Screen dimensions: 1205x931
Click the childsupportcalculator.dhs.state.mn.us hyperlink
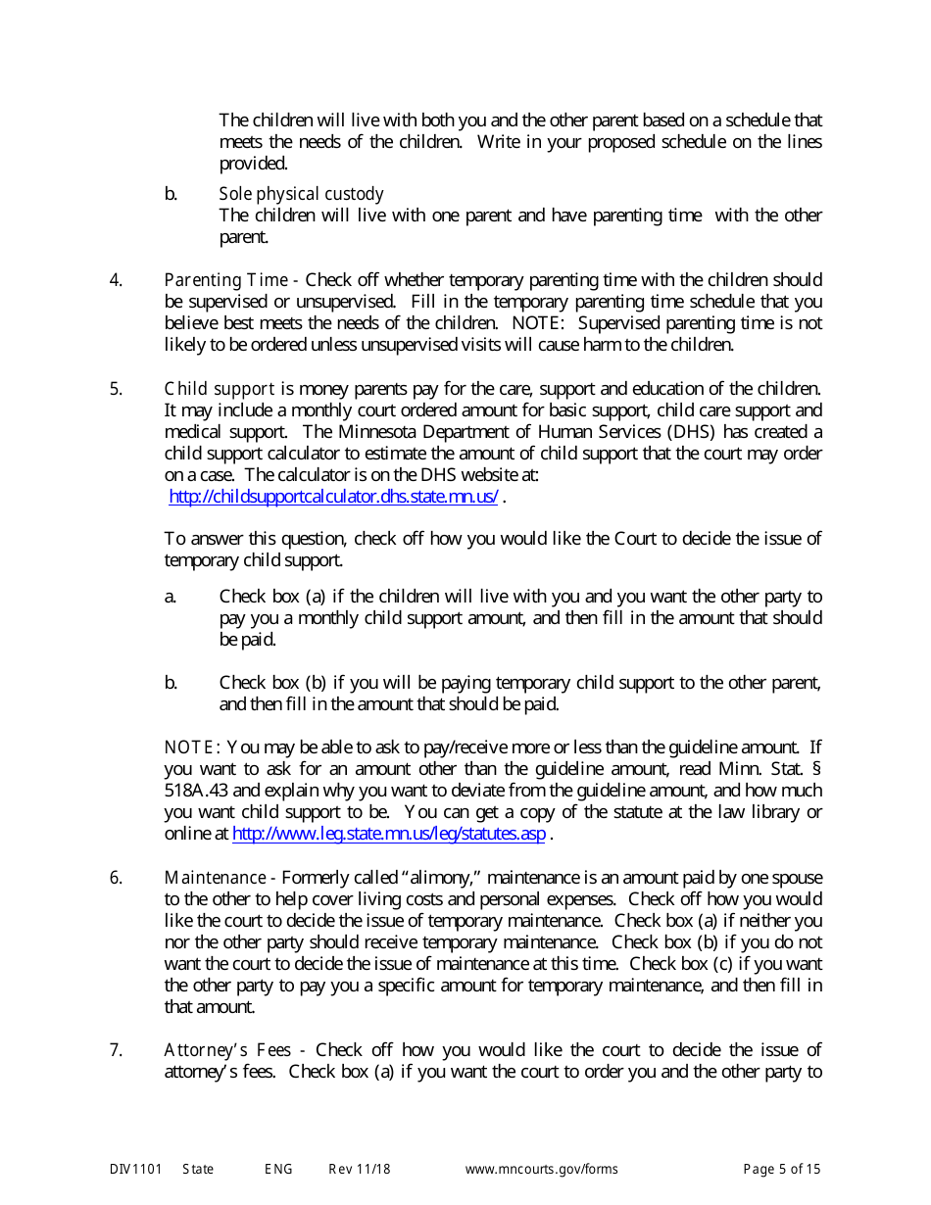tap(334, 497)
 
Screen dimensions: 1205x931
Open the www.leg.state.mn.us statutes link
tap(388, 834)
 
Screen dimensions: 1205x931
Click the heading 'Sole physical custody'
tap(301, 194)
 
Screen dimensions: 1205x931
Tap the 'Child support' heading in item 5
tap(219, 389)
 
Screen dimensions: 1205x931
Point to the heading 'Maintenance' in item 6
tap(214, 878)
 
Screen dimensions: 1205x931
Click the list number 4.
tap(116, 280)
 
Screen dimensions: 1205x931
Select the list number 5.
tap(116, 389)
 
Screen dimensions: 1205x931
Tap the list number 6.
tap(116, 878)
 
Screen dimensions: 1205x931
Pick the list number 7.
tap(116, 1050)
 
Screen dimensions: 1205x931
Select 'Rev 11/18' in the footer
tap(359, 1169)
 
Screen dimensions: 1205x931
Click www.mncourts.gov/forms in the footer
tap(541, 1169)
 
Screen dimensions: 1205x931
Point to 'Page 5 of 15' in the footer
tap(781, 1169)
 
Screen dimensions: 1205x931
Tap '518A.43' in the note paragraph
tap(198, 791)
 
